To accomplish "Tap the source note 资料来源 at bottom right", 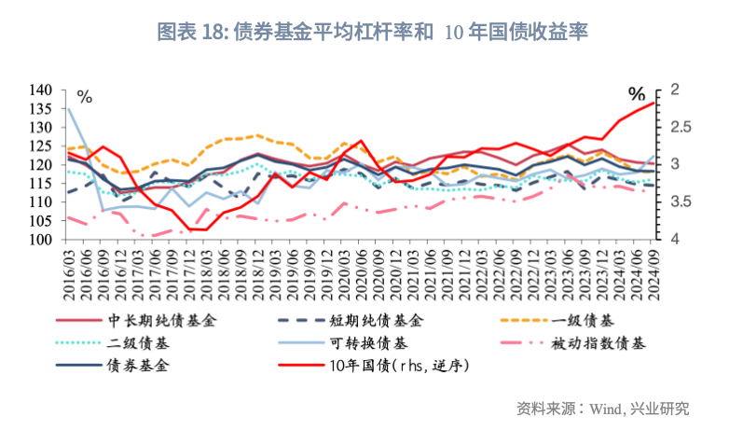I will click(x=603, y=409).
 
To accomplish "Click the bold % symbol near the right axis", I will click(x=637, y=94).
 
